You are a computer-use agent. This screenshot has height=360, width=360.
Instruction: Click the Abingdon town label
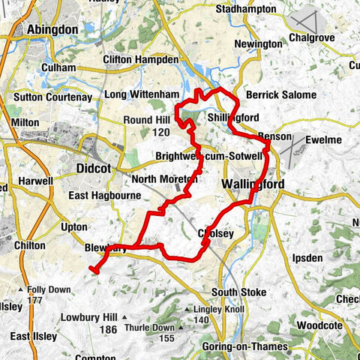tap(52, 29)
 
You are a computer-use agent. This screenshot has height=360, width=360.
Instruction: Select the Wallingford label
tap(252, 184)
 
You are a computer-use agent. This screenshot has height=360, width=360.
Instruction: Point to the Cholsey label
tap(216, 234)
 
